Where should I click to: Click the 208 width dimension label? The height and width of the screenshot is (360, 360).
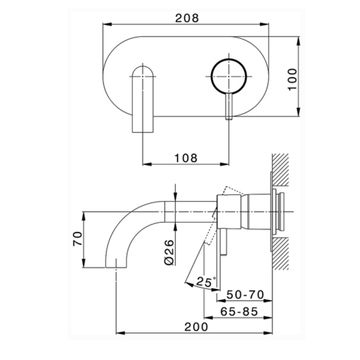click(x=187, y=18)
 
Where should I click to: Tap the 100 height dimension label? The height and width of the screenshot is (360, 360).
click(x=292, y=79)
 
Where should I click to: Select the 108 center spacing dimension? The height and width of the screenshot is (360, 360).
click(x=186, y=158)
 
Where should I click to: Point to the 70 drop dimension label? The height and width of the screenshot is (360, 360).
click(x=77, y=239)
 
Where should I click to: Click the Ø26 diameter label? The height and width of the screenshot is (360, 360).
click(x=169, y=253)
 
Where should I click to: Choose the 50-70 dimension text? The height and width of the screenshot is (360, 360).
click(x=245, y=295)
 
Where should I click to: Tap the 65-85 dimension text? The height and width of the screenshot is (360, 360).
click(x=239, y=312)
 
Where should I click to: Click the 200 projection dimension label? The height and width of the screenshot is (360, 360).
click(x=196, y=327)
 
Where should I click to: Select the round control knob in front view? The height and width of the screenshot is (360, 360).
click(x=229, y=77)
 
